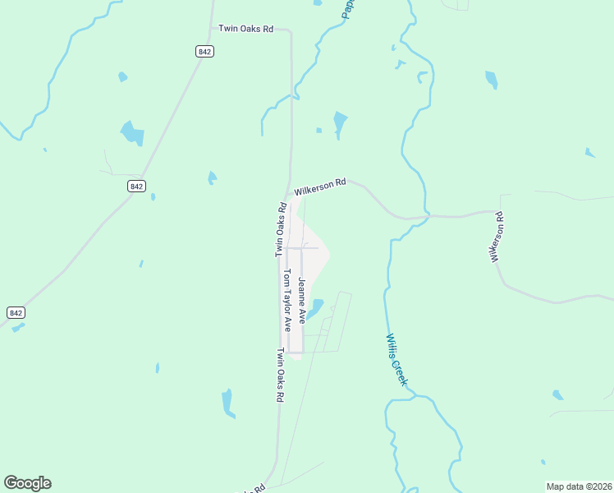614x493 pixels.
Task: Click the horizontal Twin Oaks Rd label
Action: point(245,29)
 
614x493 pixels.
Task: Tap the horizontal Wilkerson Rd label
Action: point(320,187)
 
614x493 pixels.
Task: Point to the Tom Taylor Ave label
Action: point(287,300)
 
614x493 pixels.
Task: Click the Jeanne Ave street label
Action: point(302,300)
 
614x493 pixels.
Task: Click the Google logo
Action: point(27,483)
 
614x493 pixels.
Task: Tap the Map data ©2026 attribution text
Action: point(579,486)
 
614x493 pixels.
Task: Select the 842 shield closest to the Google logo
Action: point(16,312)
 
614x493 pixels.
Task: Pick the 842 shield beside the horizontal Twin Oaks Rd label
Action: point(205,51)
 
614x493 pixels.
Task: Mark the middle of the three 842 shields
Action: point(136,187)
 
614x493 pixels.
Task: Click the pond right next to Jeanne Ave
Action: point(314,307)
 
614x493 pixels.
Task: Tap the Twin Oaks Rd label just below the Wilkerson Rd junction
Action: point(280,231)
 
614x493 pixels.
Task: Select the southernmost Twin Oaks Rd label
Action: point(280,375)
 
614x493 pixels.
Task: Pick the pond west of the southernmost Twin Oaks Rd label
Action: point(228,403)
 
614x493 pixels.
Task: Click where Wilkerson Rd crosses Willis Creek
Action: point(426,216)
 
